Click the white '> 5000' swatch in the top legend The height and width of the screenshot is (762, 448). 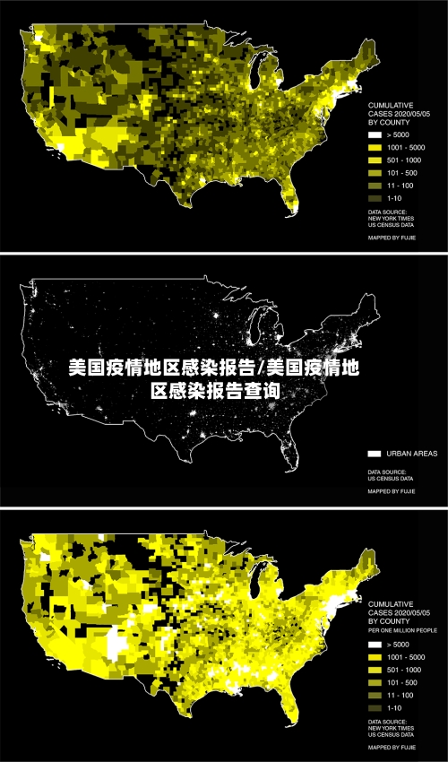pyautogui.click(x=375, y=134)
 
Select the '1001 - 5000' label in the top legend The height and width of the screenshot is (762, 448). pyautogui.click(x=406, y=147)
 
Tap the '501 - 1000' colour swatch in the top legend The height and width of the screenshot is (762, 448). pyautogui.click(x=375, y=160)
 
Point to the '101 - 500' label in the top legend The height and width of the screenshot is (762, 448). pyautogui.click(x=402, y=172)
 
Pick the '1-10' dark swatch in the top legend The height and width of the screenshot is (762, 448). pyautogui.click(x=375, y=197)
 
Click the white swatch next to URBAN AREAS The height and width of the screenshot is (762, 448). pyautogui.click(x=375, y=454)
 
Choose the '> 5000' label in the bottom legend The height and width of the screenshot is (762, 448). pyautogui.click(x=400, y=645)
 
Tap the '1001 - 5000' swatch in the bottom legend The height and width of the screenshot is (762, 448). pyautogui.click(x=375, y=657)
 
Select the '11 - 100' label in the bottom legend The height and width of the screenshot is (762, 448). pyautogui.click(x=401, y=696)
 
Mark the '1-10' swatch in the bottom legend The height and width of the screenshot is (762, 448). pyautogui.click(x=375, y=708)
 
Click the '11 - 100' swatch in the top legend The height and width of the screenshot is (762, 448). pyautogui.click(x=375, y=185)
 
